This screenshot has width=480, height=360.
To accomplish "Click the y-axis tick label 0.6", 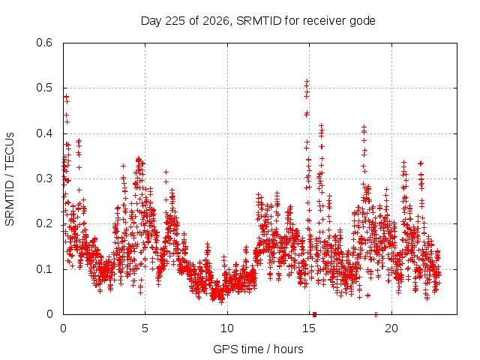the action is [44, 43].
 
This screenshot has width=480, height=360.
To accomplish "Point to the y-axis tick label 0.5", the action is [44, 88].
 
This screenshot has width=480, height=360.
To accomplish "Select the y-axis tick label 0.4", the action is [44, 133].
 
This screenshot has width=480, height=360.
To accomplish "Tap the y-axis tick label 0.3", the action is [44, 178].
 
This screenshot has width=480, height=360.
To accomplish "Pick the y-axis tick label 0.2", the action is [44, 223].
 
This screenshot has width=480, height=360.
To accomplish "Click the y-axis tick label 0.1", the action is [44, 269].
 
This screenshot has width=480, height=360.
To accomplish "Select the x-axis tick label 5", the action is [145, 328].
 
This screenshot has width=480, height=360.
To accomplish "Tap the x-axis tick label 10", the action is [227, 328].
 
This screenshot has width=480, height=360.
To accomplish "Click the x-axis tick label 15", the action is [309, 328].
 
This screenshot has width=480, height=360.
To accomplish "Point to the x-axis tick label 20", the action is [391, 328].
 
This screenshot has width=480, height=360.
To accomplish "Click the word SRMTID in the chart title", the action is [259, 21].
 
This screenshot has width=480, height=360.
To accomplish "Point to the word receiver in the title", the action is [325, 21].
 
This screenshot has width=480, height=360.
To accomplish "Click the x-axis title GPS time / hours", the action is [258, 349].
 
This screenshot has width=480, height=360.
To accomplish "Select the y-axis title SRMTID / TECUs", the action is [10, 179].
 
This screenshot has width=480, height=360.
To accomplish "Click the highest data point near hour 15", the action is [307, 82].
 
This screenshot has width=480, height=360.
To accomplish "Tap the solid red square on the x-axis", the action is [314, 315].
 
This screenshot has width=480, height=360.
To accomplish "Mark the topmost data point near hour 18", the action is [364, 127].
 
